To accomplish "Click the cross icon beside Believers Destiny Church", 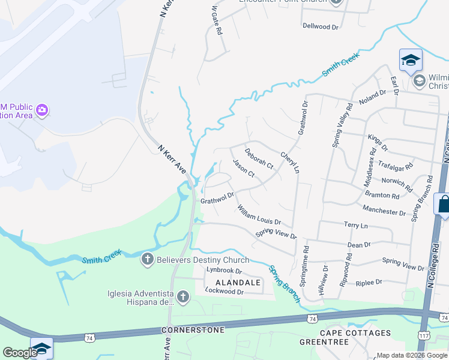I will (x=147, y=260).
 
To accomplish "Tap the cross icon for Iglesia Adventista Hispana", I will (x=182, y=297).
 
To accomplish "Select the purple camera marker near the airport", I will (x=42, y=110).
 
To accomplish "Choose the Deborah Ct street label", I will (x=259, y=157).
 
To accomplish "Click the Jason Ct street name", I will (x=244, y=169).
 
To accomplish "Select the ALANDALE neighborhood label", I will (x=238, y=282).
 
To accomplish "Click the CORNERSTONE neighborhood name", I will (x=193, y=330).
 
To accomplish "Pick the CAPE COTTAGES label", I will (x=355, y=333).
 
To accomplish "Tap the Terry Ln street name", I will (x=355, y=226).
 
